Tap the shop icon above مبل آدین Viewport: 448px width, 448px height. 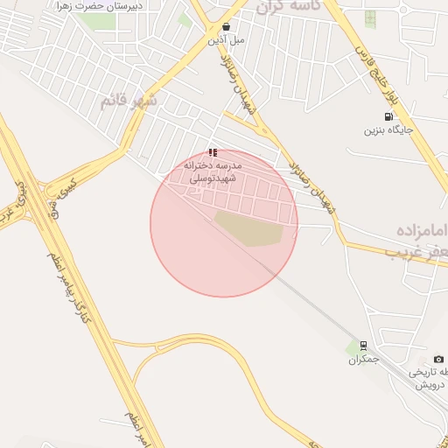click(227, 27)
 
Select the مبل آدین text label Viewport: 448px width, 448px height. click(227, 40)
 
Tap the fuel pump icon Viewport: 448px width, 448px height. click(388, 116)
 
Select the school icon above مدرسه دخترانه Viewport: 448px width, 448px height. click(213, 151)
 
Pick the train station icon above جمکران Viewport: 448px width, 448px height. click(364, 346)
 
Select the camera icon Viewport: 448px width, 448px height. click(438, 360)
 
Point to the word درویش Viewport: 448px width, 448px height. click(431, 385)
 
